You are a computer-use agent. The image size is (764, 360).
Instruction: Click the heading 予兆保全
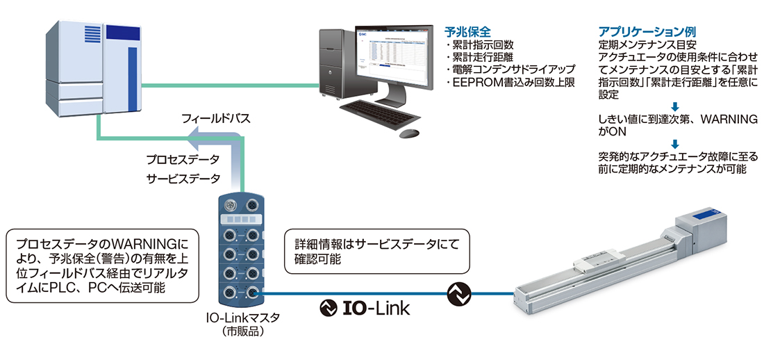pos(468,32)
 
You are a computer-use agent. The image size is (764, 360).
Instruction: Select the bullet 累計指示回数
pos(485,45)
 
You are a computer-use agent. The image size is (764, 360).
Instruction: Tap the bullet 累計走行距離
pos(485,58)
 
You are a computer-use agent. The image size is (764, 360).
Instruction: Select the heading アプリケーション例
pos(647,32)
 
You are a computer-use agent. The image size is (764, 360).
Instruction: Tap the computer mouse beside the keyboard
pos(410,132)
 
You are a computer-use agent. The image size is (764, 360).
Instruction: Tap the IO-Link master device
pos(240,250)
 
